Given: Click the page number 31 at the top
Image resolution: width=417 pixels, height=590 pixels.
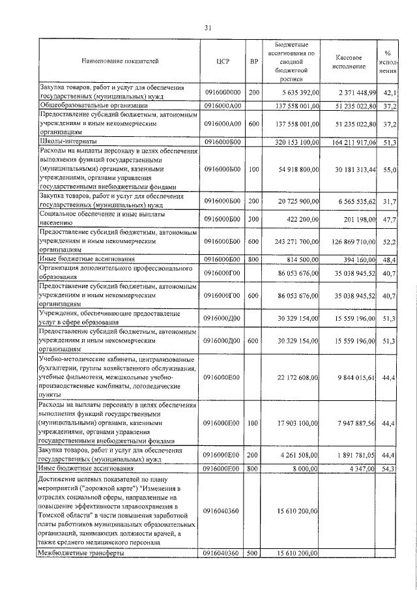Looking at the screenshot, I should [208, 27].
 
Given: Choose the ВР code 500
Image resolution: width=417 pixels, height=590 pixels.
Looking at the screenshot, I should [254, 553].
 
